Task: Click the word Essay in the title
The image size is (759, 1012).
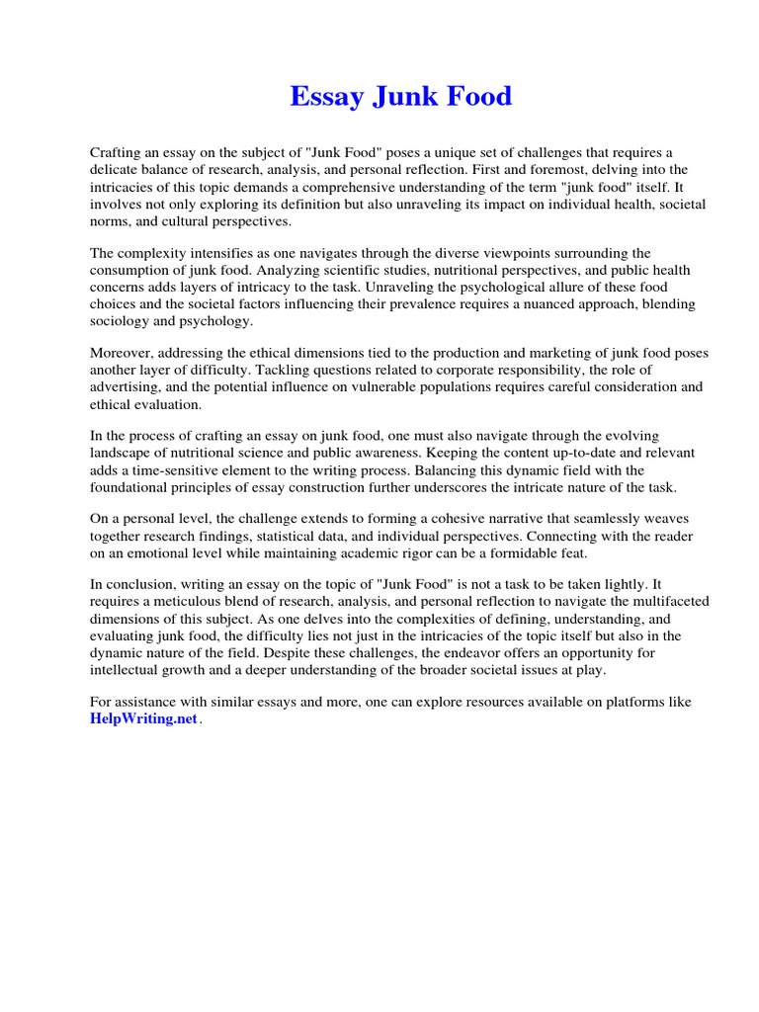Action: [327, 97]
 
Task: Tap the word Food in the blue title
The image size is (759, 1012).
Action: [478, 97]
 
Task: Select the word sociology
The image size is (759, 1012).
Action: [123, 321]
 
